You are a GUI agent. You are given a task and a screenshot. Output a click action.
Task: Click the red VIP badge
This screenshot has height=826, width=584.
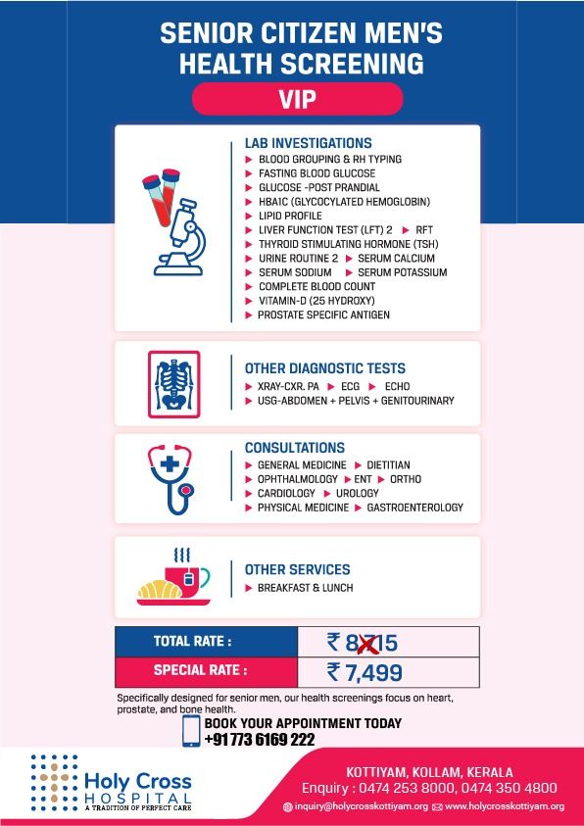pos(297,99)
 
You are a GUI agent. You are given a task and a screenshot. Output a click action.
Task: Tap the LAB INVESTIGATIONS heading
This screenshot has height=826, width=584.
pos(308,143)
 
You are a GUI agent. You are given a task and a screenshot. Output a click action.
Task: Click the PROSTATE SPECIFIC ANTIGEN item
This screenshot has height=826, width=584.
pos(323,315)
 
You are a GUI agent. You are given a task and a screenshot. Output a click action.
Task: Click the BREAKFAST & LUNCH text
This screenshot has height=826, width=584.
pos(305,588)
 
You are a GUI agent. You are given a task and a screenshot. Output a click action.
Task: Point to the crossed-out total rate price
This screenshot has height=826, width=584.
pos(363,643)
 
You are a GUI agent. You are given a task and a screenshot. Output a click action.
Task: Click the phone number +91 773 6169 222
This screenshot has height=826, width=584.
pos(259,739)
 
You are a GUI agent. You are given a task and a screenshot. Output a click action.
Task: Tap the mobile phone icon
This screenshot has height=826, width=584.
pos(191,732)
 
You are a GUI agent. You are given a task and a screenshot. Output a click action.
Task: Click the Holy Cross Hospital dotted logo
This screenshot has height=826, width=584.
pos(54,779)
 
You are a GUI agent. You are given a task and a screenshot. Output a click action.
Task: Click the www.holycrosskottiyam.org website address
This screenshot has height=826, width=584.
pos(504,806)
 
